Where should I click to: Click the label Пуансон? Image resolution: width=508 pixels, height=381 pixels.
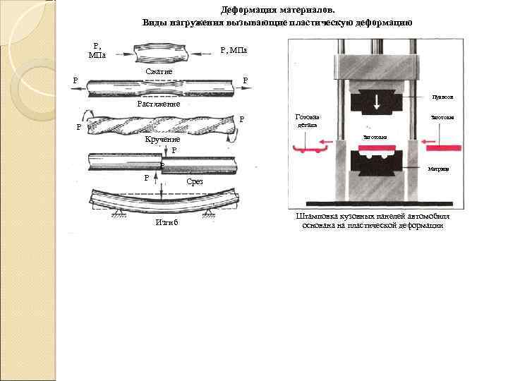point(442,97)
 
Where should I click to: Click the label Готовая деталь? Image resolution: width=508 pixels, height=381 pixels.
point(307,121)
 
